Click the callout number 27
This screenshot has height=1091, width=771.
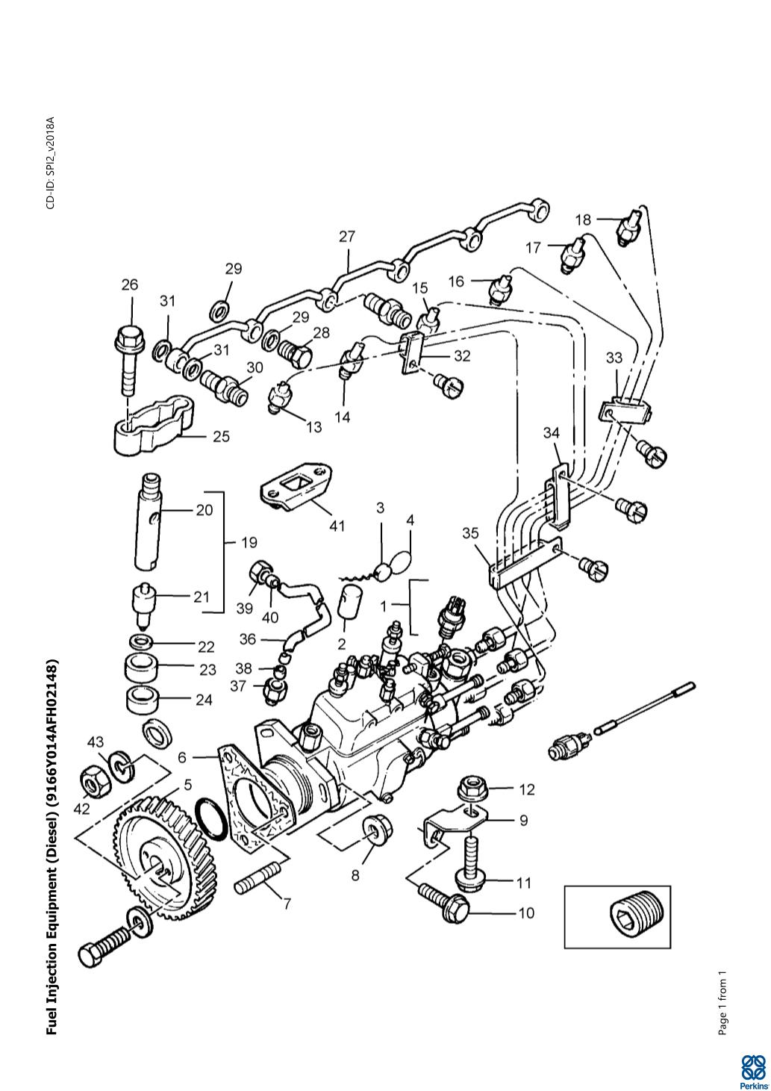point(347,236)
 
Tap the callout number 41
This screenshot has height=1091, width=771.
point(337,526)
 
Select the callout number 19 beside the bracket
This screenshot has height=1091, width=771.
point(249,542)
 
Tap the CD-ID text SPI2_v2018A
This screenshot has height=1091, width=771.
point(51,163)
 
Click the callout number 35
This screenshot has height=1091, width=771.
point(470,533)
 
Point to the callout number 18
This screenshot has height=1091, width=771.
point(583,220)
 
